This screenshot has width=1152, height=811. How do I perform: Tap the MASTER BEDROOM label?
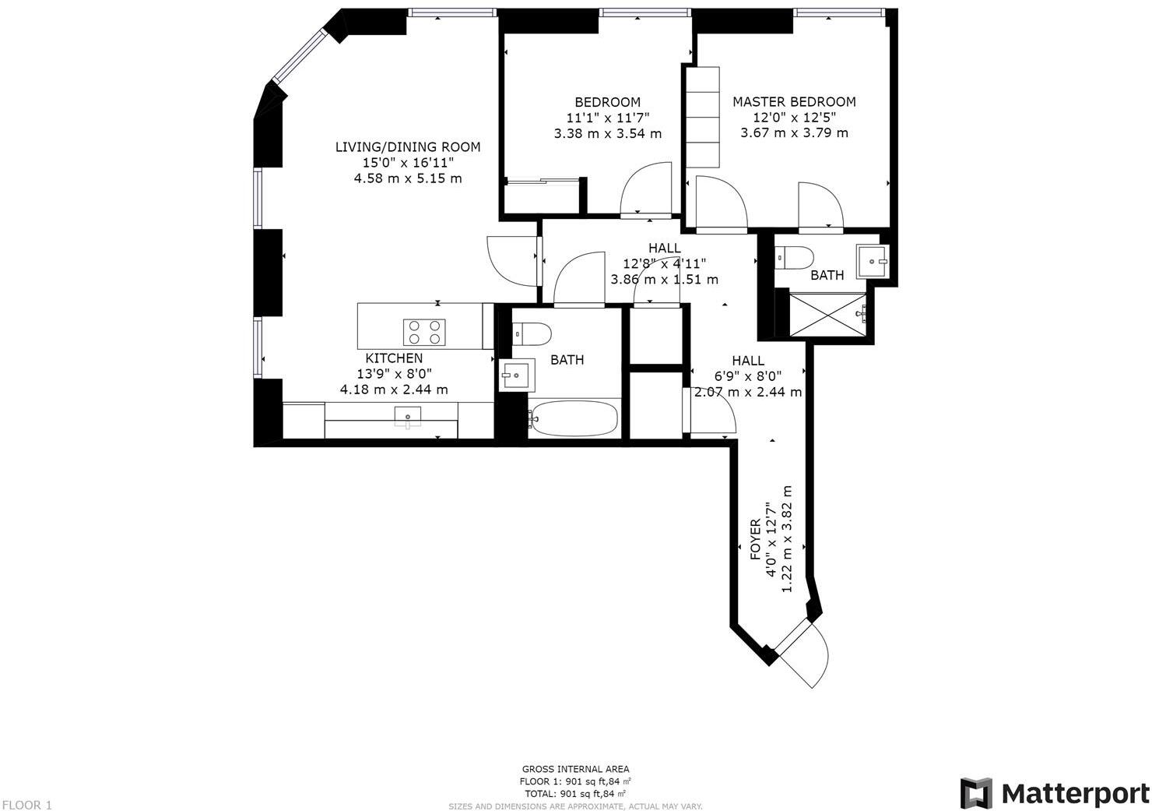click(793, 101)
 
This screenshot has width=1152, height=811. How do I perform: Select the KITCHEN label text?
click(394, 358)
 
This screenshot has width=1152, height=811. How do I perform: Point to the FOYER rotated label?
click(755, 539)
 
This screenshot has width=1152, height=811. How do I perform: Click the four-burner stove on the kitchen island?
click(424, 333)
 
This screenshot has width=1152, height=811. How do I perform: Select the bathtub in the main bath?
click(574, 419)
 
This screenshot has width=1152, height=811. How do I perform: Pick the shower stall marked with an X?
click(827, 315)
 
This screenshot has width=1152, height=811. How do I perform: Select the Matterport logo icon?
click(976, 792)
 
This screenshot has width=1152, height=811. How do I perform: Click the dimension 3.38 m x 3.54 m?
click(607, 133)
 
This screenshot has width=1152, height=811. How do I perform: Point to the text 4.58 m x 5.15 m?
click(407, 178)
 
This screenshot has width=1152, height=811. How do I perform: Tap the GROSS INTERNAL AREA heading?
click(575, 769)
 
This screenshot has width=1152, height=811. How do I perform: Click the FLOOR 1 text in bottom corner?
click(27, 805)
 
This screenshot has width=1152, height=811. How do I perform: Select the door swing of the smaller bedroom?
click(645, 187)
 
